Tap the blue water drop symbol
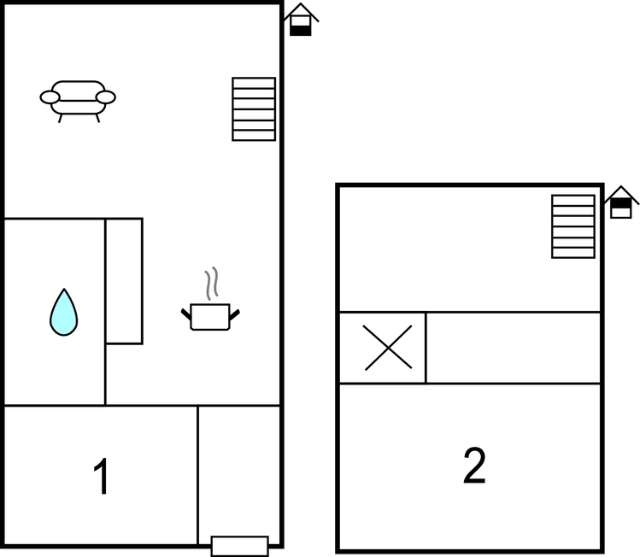point(64,312)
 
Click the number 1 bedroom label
point(101,476)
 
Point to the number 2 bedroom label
point(474,466)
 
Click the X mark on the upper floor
point(388,348)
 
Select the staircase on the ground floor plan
point(254,109)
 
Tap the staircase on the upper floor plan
point(573,226)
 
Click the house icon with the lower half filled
point(301,20)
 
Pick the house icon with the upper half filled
point(621,202)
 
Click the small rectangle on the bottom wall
point(240,546)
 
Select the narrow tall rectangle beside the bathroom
point(124,281)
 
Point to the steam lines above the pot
point(211,283)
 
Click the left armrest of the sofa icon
point(50,97)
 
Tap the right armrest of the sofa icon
point(106,97)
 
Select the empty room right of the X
point(513,348)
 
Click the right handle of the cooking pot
point(234,314)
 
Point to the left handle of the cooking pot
point(186,314)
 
